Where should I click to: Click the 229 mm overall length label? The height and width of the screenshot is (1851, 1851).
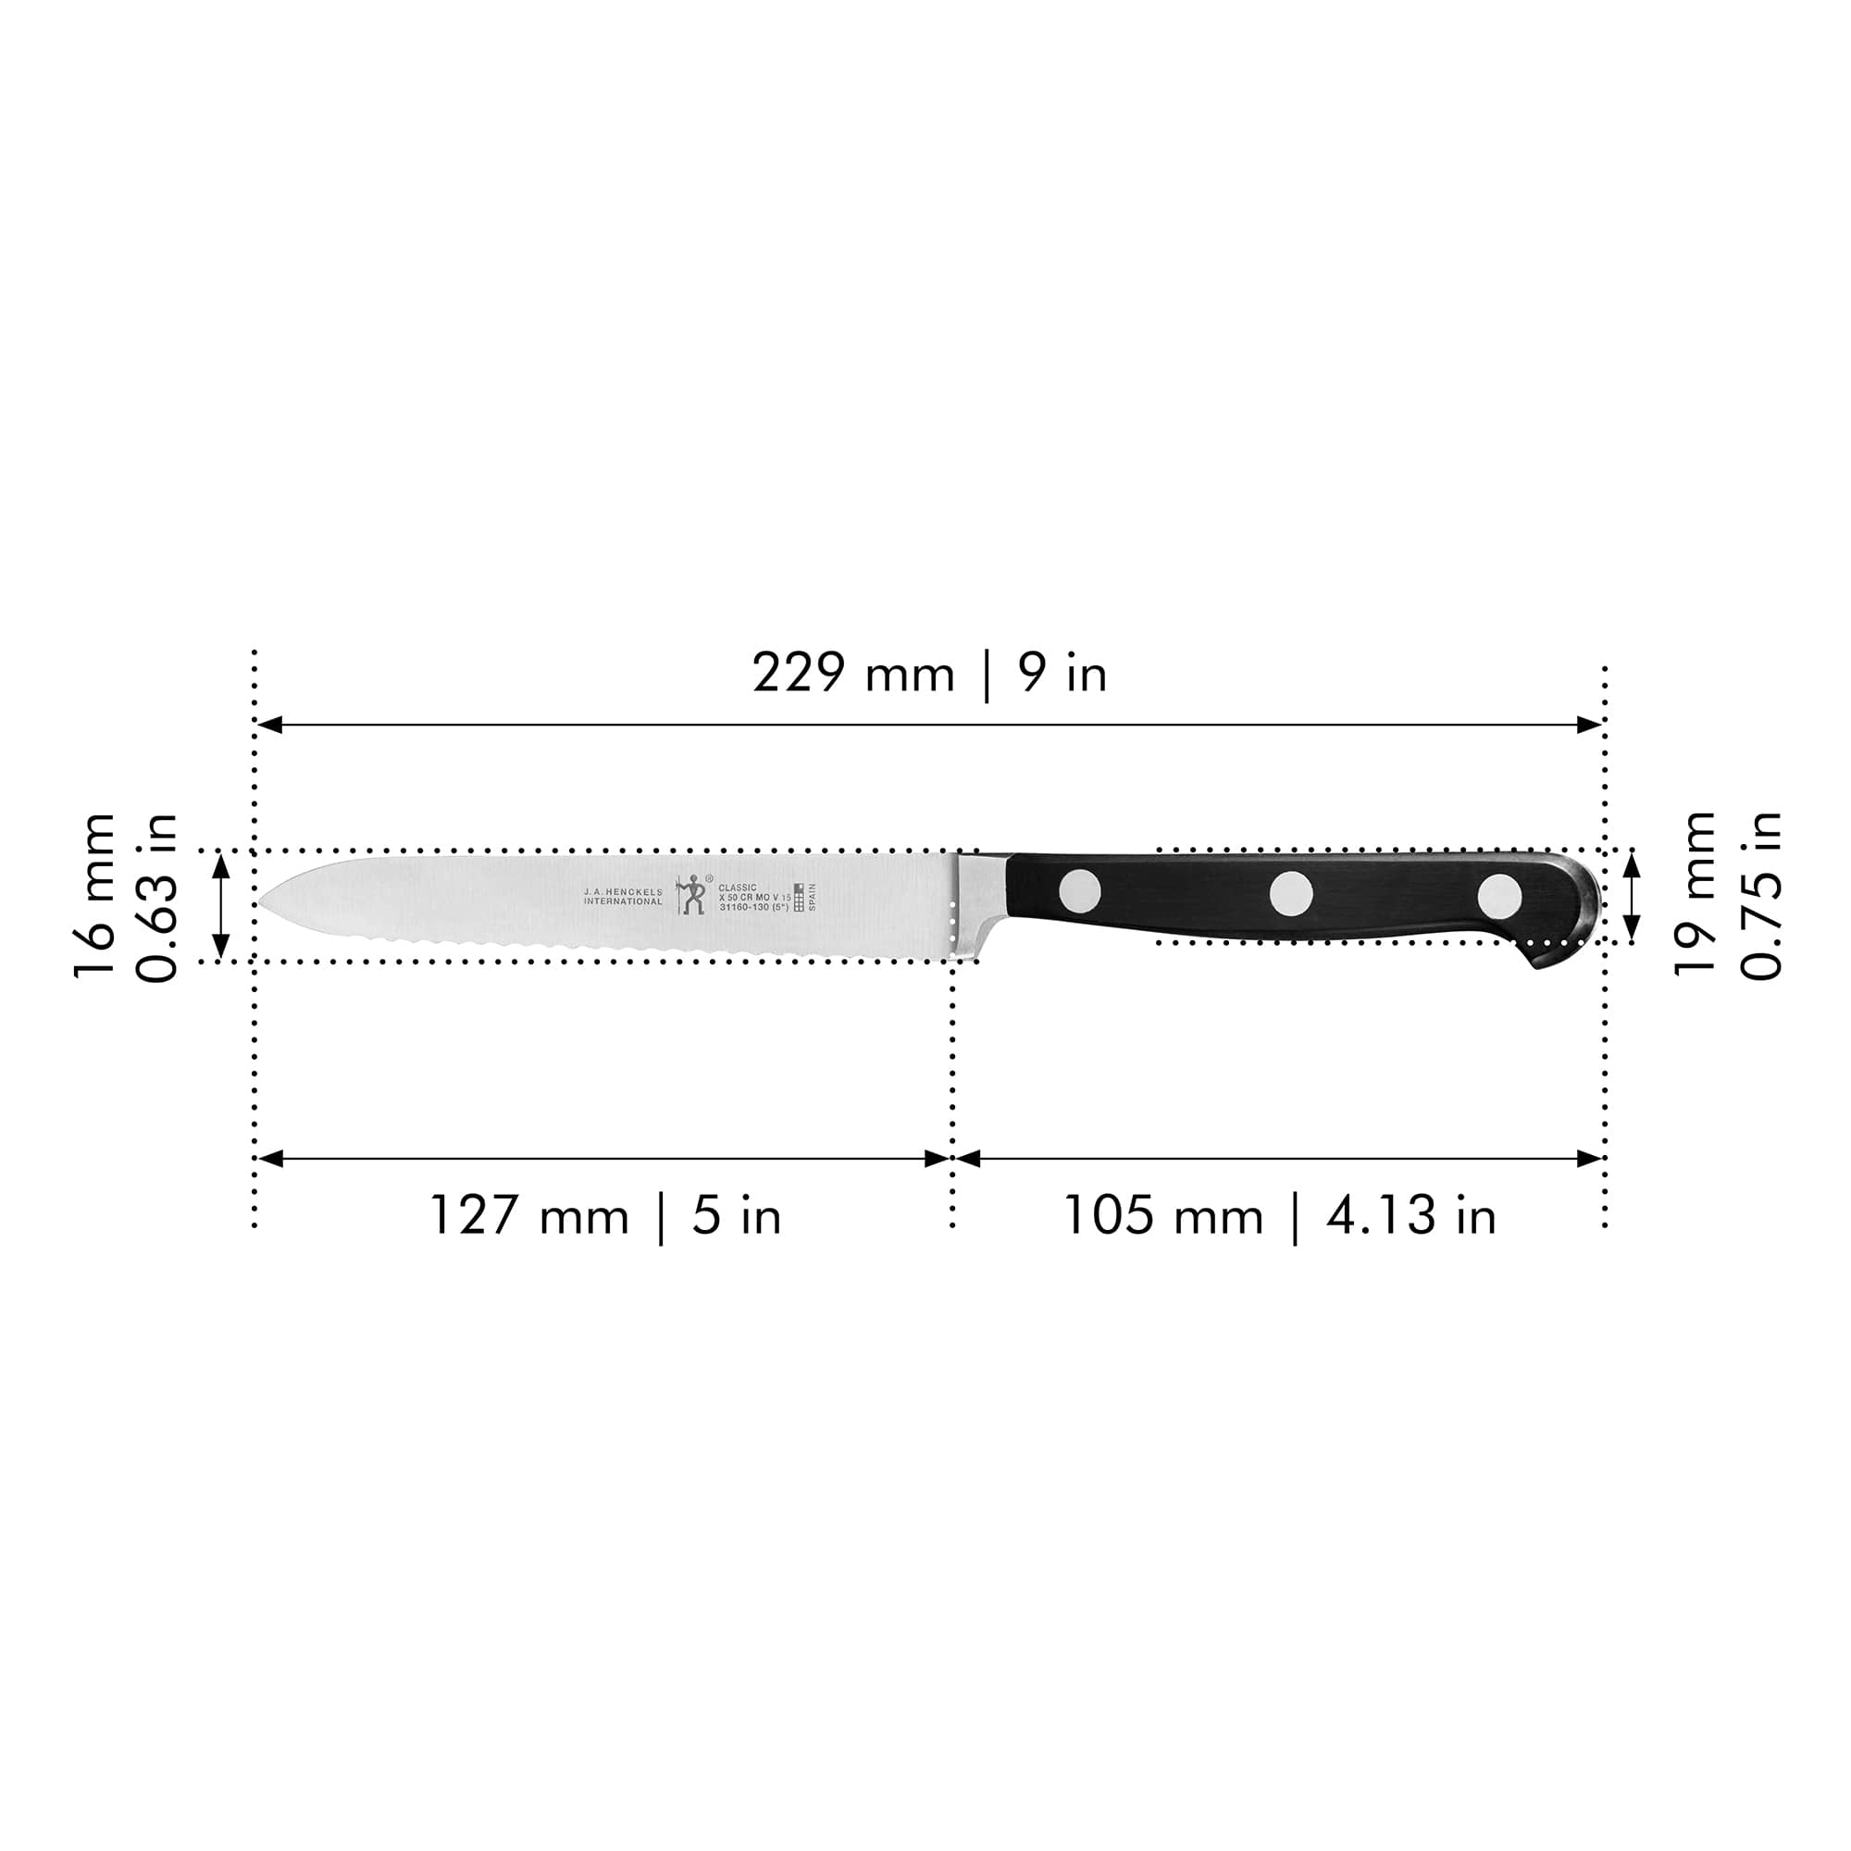852,674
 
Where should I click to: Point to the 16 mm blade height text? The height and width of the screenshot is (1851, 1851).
94,896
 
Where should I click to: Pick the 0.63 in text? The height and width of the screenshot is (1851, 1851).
157,898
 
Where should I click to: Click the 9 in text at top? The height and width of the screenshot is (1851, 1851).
1062,674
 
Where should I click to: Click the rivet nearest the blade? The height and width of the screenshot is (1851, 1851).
1080,891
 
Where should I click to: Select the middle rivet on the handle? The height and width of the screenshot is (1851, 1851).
1291,893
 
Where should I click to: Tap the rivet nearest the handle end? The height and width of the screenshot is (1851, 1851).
1498,896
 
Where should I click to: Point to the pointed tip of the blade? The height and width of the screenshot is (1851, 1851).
264,901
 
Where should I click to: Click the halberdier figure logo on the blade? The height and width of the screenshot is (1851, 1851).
691,895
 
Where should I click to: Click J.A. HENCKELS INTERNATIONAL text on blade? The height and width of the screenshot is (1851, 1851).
623,897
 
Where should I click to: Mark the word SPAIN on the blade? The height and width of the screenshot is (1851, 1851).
812,897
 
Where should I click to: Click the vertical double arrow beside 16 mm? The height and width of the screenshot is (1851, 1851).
221,905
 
